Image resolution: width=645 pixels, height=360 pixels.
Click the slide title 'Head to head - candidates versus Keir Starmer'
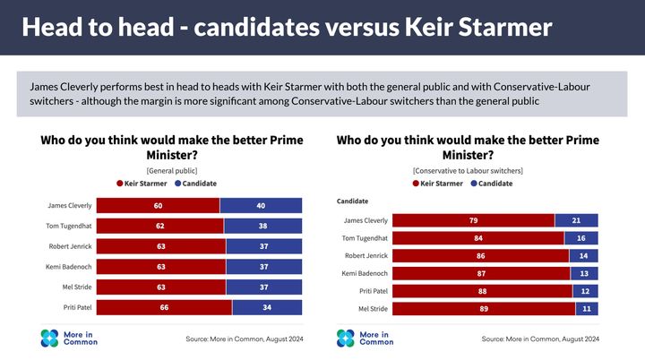(x=287, y=27)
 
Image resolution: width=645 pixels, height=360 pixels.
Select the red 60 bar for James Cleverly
(x=158, y=204)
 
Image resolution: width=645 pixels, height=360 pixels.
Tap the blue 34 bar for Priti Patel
(x=267, y=306)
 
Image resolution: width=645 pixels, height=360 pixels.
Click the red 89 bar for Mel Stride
(x=484, y=308)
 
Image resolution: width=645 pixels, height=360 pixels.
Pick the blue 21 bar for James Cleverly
(x=576, y=220)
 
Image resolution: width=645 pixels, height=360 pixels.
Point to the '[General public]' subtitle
(x=171, y=170)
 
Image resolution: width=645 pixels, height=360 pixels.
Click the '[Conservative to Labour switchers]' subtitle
(x=468, y=170)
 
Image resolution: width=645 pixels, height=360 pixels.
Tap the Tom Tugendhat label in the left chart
(x=69, y=225)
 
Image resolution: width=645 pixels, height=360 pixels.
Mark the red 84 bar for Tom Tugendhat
(x=478, y=237)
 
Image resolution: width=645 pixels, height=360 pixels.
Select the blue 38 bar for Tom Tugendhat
(x=263, y=225)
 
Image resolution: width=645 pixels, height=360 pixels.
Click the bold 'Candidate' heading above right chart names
(x=352, y=201)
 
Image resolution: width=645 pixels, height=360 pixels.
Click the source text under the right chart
(x=540, y=339)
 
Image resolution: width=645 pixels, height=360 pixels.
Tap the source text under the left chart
(x=245, y=339)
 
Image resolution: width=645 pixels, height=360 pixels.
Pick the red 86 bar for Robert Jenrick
(x=480, y=255)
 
